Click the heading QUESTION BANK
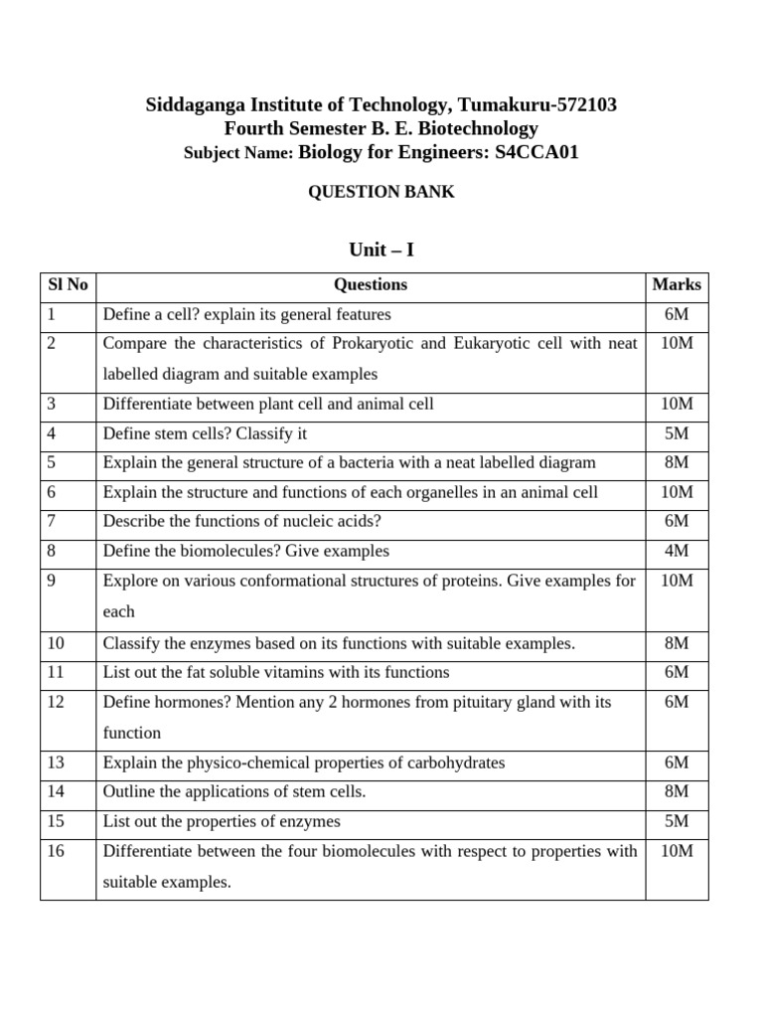[x=381, y=192]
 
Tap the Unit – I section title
[x=381, y=250]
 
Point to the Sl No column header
[x=68, y=284]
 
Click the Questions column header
[x=371, y=284]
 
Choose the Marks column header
[x=677, y=284]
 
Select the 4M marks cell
[x=677, y=551]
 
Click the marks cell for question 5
[x=677, y=462]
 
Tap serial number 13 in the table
[x=55, y=763]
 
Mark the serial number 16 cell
[x=55, y=851]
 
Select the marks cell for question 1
[x=677, y=314]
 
